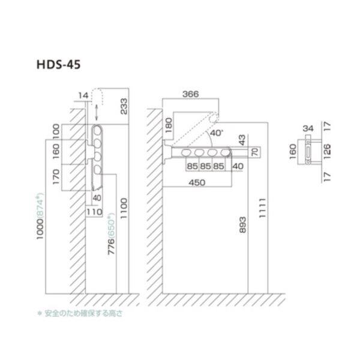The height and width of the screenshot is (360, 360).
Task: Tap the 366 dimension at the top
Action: click(x=190, y=95)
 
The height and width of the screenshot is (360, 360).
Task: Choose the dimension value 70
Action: click(x=254, y=151)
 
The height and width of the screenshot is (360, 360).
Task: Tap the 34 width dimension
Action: click(x=308, y=128)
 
